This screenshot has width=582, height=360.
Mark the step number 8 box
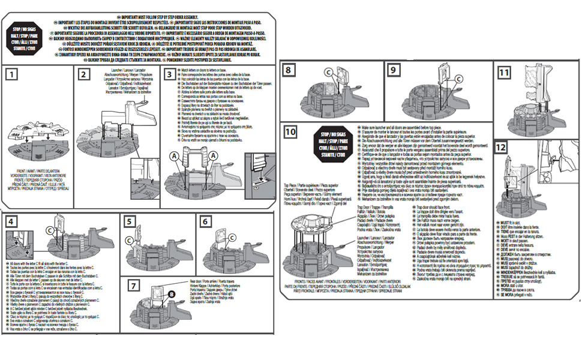[290, 70]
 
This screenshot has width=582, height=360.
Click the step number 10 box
[291, 131]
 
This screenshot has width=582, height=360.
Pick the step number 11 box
[505, 72]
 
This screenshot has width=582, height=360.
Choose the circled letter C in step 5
[130, 242]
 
